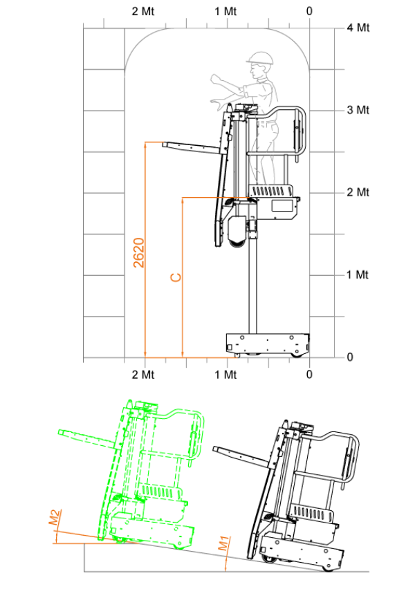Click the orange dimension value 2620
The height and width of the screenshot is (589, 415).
click(x=139, y=252)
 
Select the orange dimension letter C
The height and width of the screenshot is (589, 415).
click(x=176, y=277)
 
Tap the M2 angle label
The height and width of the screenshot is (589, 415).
click(x=55, y=517)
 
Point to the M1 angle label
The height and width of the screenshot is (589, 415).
click(x=223, y=543)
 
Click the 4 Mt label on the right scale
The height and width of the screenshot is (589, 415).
click(x=358, y=28)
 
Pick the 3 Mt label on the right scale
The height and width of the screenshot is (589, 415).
click(x=358, y=110)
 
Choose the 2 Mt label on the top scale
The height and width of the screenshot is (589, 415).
click(x=143, y=11)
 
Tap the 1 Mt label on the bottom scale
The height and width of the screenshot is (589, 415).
click(x=225, y=375)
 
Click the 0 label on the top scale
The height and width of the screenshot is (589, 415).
click(x=309, y=11)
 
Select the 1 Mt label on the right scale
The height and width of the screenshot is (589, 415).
click(x=358, y=274)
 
